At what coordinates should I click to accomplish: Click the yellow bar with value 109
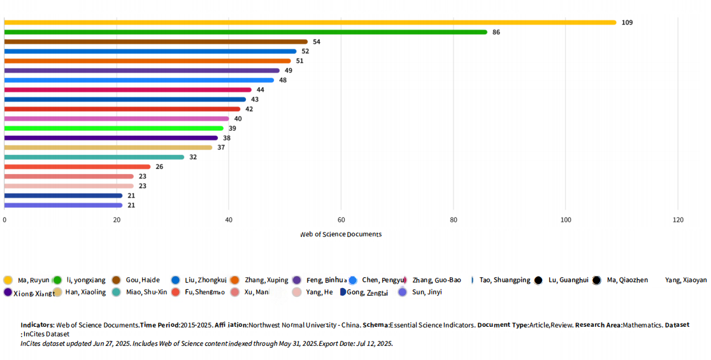[310, 22]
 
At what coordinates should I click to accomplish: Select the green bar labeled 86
[245, 32]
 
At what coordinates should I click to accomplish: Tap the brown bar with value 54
[156, 41]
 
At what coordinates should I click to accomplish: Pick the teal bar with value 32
[94, 157]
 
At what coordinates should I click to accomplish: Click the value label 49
[288, 71]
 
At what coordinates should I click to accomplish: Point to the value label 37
[221, 147]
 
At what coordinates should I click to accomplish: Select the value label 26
[159, 167]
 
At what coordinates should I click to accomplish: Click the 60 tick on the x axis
[341, 220]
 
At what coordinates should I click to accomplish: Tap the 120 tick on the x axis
[678, 220]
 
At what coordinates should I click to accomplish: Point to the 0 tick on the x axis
[4, 220]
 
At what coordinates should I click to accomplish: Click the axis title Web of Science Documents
[341, 234]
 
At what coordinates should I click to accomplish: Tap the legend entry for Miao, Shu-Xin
[146, 292]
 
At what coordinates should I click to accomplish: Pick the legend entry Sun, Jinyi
[426, 292]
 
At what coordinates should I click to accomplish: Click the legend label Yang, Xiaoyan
[686, 280]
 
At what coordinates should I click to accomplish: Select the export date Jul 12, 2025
[373, 343]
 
